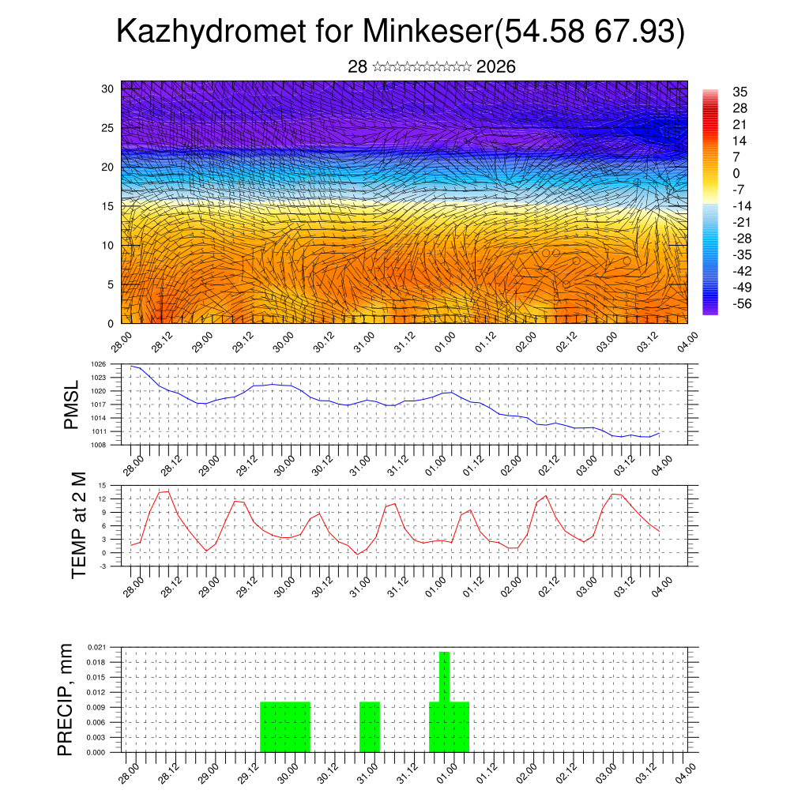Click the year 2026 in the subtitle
(x=496, y=67)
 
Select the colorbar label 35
(x=740, y=92)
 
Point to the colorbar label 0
(x=737, y=174)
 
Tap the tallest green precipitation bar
(x=444, y=676)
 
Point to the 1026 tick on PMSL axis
(x=98, y=364)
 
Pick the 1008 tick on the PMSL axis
(x=98, y=446)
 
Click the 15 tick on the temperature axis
(x=102, y=485)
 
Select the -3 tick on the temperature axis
(x=102, y=566)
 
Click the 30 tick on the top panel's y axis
(x=108, y=88)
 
